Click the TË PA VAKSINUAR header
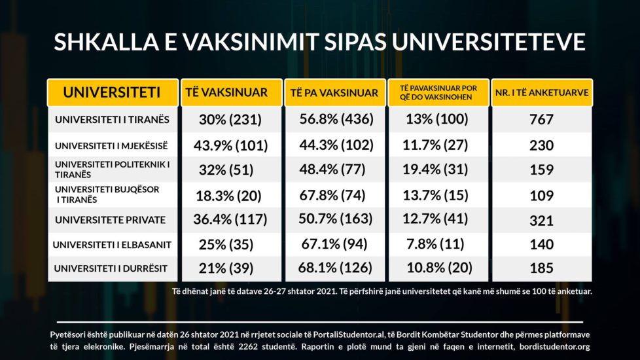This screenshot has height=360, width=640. pos(334,93)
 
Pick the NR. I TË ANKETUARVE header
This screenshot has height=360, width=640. pos(541,93)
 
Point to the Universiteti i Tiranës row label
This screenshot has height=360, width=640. pos(112,120)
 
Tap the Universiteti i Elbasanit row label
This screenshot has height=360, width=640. pos(112,244)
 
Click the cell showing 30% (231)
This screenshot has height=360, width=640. pos(230,120)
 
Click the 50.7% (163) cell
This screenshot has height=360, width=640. pos(334,220)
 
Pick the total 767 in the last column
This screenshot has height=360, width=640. pos(542,120)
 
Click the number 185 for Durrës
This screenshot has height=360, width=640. pos(542,268)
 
